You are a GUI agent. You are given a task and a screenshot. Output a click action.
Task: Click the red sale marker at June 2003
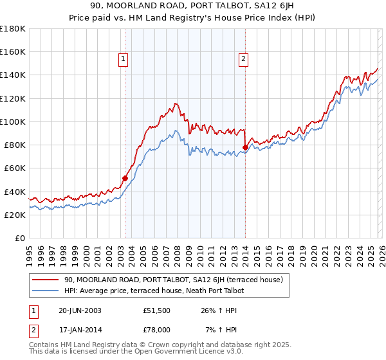125,178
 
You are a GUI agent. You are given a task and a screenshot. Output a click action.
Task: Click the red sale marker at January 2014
245,147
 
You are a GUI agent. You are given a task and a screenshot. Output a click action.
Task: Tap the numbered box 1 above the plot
123,60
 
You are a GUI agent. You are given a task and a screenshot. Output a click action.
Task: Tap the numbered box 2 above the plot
243,60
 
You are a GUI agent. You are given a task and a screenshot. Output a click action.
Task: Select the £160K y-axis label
13,51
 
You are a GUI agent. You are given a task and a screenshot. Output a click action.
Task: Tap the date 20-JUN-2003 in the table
79,310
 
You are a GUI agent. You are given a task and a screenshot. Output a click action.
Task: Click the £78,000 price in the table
156,329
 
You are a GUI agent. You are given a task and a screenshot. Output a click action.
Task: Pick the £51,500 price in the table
156,310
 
